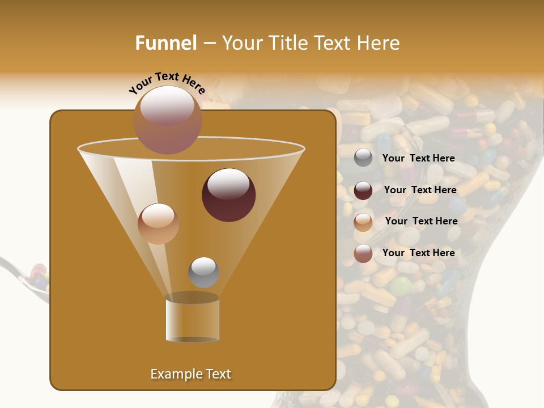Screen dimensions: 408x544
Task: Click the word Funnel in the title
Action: [166, 43]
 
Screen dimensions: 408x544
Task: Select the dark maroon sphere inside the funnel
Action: [228, 195]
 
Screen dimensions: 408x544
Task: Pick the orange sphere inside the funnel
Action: [158, 224]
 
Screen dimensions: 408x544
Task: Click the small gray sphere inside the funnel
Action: [203, 272]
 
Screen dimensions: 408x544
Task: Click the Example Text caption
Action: [190, 374]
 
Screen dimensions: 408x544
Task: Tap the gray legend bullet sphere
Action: [363, 158]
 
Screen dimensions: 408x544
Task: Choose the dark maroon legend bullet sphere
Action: [363, 190]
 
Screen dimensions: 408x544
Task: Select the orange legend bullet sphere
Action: [363, 222]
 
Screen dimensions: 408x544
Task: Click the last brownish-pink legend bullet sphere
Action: [363, 253]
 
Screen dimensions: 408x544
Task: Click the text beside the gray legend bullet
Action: [418, 158]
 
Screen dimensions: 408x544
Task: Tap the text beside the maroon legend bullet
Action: [420, 190]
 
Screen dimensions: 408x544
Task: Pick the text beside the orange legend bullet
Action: [421, 221]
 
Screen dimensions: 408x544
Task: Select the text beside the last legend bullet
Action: [418, 253]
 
